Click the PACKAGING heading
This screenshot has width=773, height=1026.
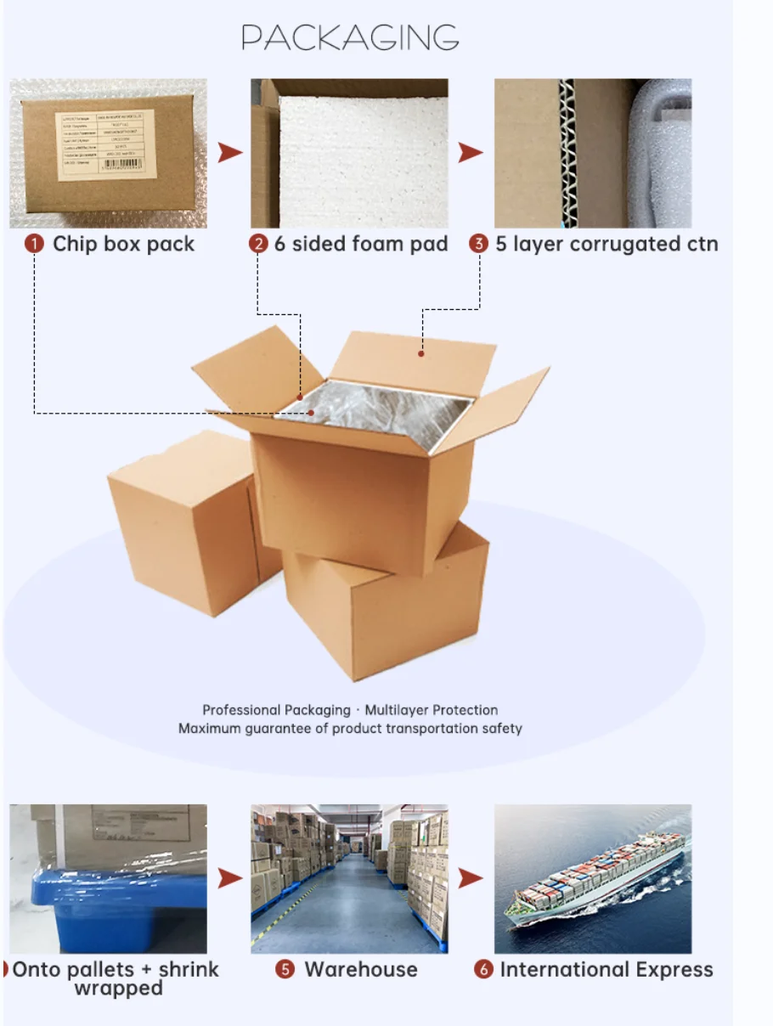[x=350, y=37]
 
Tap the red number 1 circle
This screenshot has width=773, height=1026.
[x=34, y=245]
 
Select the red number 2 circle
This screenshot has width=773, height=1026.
[x=258, y=245]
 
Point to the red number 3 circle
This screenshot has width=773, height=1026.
[x=479, y=245]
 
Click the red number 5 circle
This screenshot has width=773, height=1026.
[x=287, y=970]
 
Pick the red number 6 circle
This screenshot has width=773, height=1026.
[x=483, y=970]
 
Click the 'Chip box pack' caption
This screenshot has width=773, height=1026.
[x=123, y=245]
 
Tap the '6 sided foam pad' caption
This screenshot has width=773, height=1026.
[x=360, y=245]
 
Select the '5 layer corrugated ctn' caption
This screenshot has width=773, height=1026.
[x=607, y=245]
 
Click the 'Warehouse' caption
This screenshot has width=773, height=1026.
[x=361, y=970]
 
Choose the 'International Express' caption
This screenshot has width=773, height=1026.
[x=607, y=970]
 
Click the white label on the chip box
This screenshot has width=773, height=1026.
[x=106, y=144]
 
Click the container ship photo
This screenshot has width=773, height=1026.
[x=593, y=878]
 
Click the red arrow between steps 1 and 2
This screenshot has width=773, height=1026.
[x=229, y=153]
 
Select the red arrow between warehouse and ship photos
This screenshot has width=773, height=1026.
[x=471, y=878]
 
